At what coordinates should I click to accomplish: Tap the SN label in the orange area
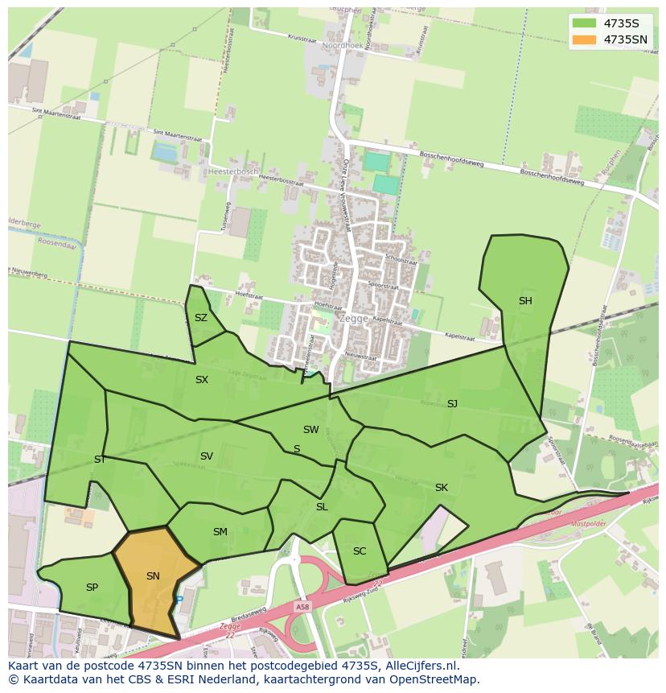click(x=153, y=575)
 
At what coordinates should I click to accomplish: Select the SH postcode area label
click(x=525, y=301)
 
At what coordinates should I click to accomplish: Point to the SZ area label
click(x=201, y=318)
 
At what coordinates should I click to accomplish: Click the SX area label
click(x=202, y=379)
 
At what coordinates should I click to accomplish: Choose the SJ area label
click(x=452, y=403)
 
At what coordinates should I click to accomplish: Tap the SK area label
click(x=441, y=488)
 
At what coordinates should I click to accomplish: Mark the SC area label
click(x=360, y=551)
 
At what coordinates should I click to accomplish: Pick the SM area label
click(x=220, y=531)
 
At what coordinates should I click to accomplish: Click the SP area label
click(x=92, y=588)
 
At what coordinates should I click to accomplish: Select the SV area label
click(x=207, y=456)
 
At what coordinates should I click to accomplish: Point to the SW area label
click(x=310, y=430)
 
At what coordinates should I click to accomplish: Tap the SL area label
click(x=322, y=507)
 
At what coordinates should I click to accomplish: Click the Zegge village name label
click(x=354, y=318)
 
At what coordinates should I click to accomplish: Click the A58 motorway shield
click(x=302, y=607)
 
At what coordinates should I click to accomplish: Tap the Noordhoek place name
click(x=342, y=46)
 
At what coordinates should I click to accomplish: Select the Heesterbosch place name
click(x=232, y=171)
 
